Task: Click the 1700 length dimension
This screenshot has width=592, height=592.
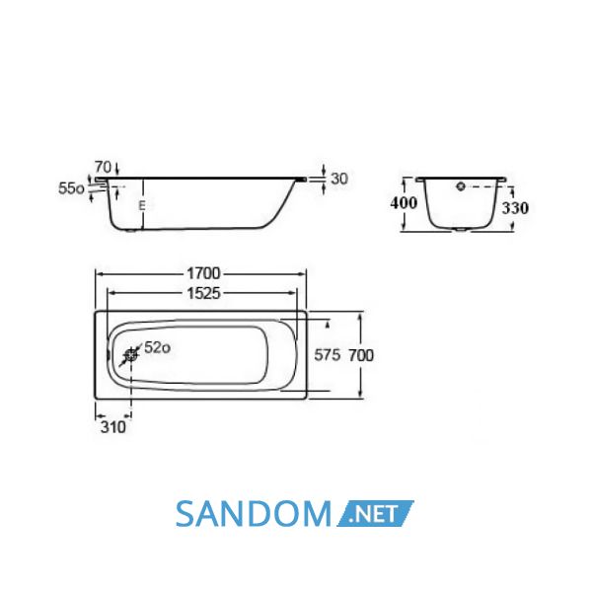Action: click(203, 273)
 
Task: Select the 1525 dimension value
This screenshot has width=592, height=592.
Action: click(203, 293)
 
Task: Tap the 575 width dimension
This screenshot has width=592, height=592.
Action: click(328, 355)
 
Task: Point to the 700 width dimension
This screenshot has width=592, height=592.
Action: click(361, 355)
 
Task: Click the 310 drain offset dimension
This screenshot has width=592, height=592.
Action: click(112, 427)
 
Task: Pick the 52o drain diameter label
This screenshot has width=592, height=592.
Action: click(157, 347)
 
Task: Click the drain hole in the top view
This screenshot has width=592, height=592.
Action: click(131, 355)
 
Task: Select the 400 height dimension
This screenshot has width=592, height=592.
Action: click(404, 203)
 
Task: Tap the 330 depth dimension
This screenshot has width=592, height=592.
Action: click(515, 208)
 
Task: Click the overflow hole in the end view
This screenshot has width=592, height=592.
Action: click(461, 186)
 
